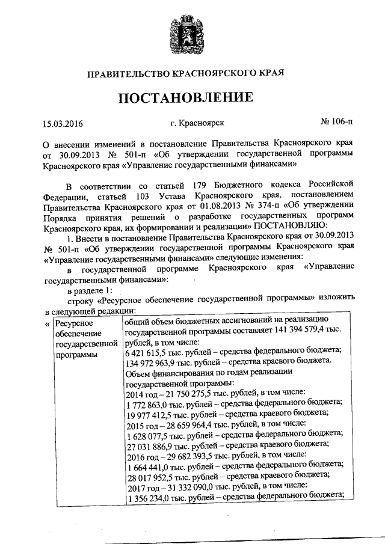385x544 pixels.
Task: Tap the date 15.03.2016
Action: point(63,124)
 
